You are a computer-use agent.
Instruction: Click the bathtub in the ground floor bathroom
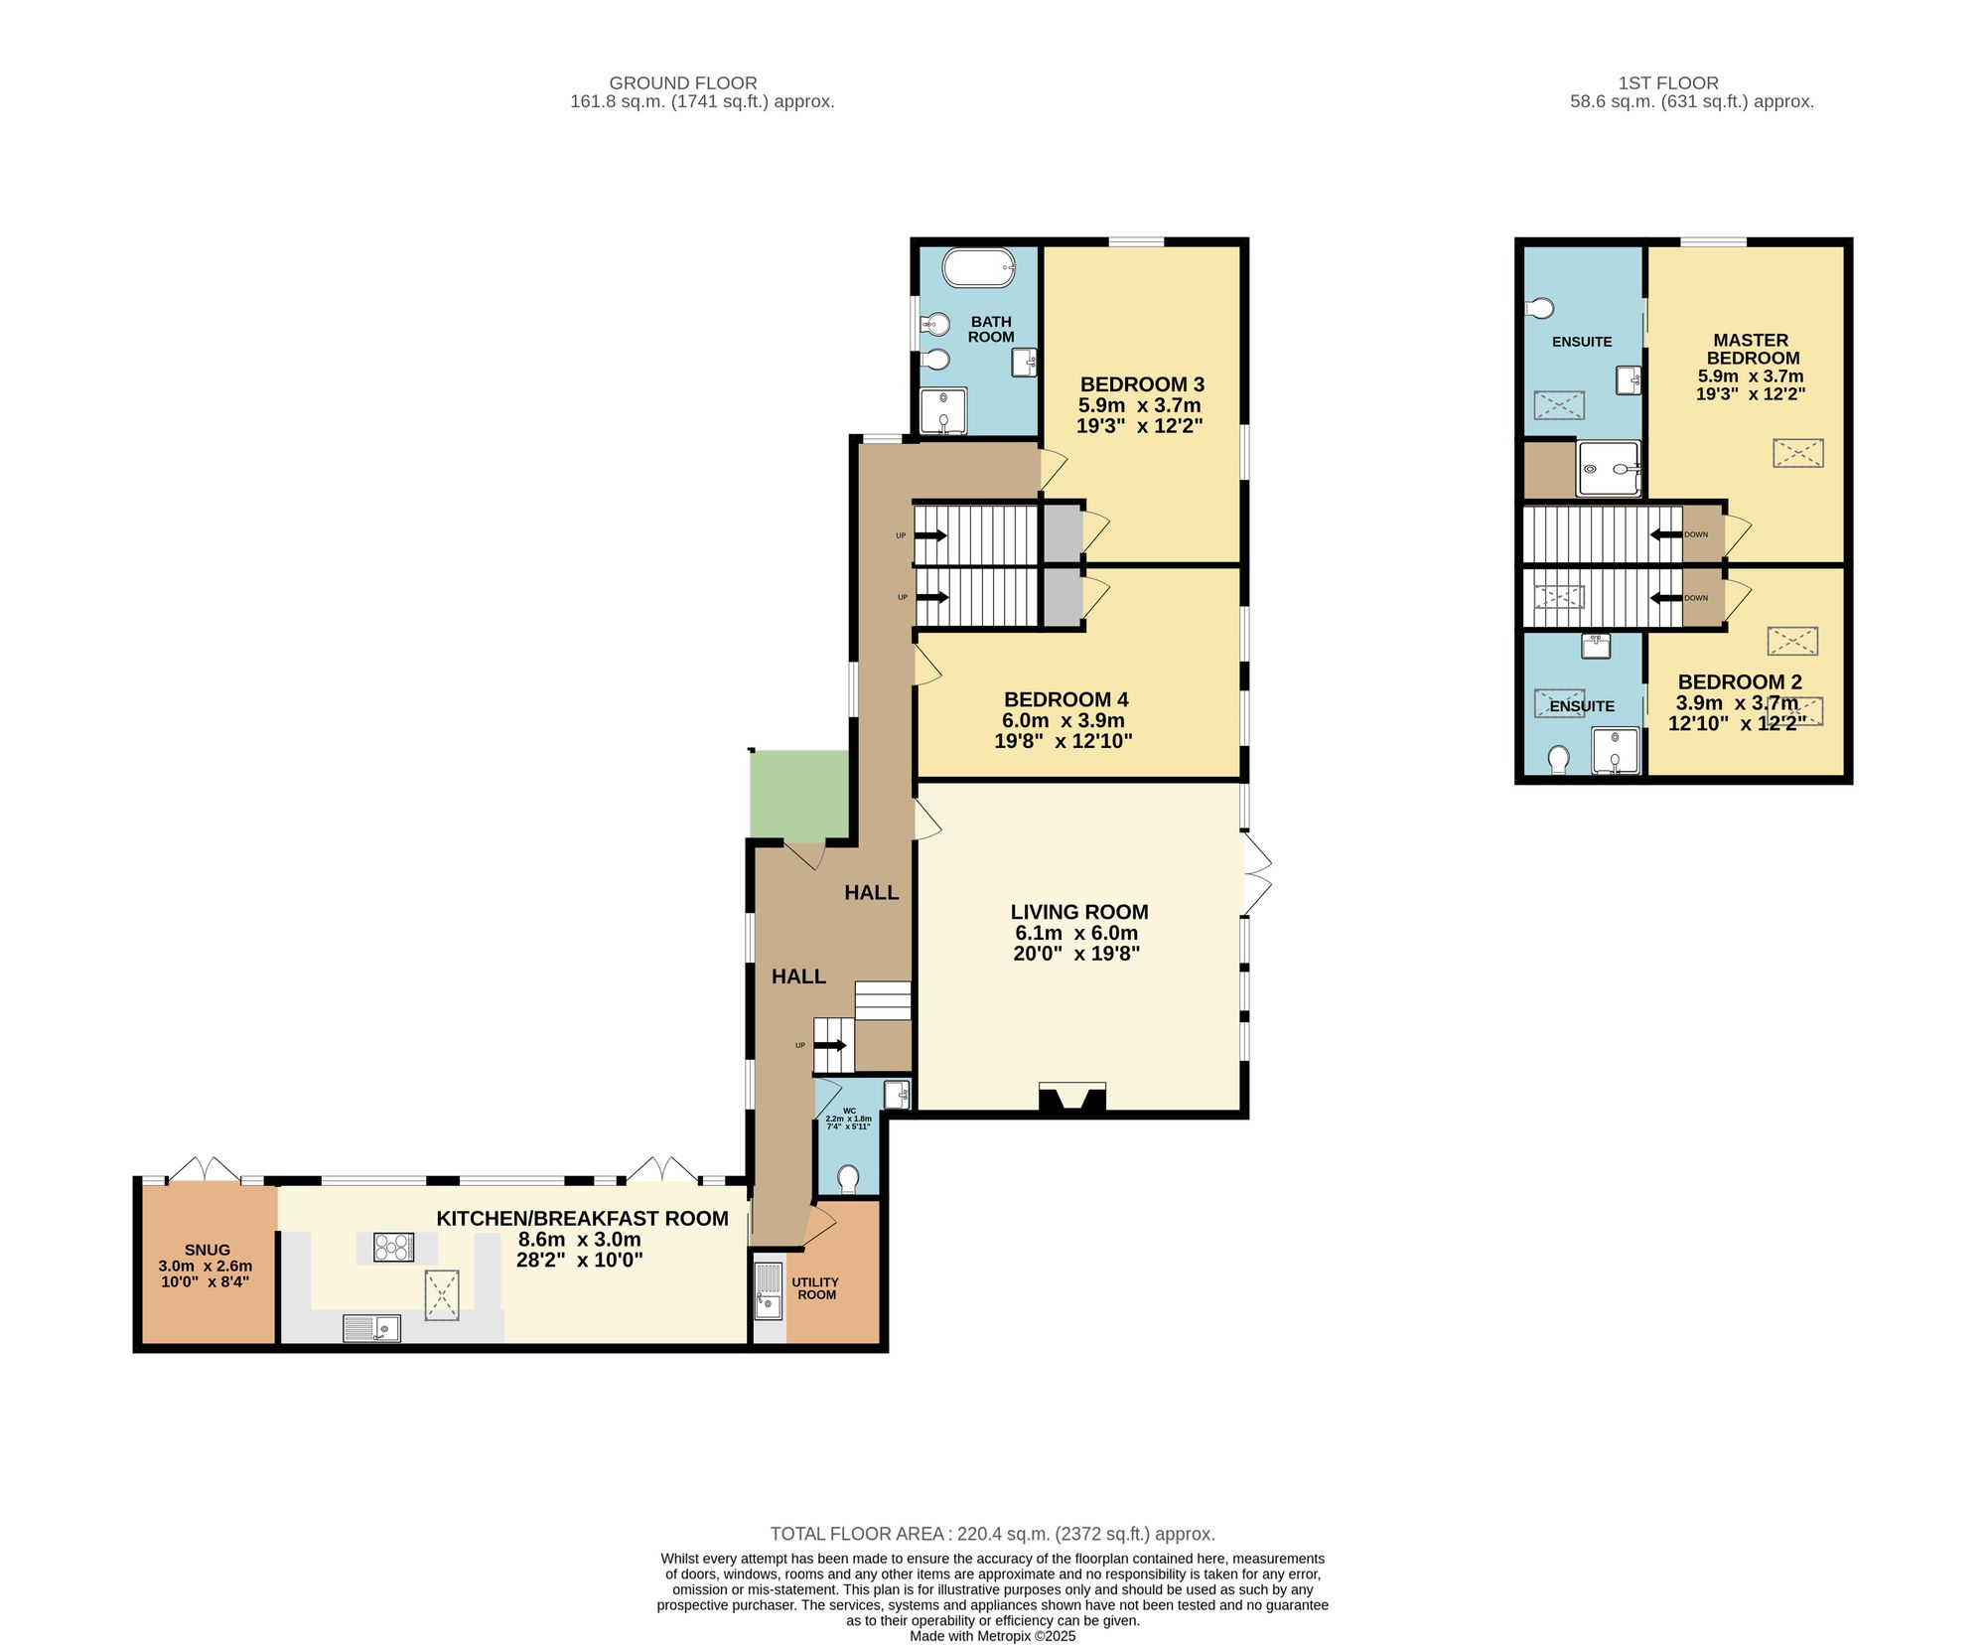(978, 267)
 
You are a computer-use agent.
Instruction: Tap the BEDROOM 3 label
(1142, 384)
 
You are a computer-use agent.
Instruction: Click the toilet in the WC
(848, 1179)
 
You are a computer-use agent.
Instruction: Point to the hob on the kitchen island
(393, 1247)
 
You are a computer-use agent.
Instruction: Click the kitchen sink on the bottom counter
(371, 1328)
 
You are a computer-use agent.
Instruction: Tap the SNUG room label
(207, 1250)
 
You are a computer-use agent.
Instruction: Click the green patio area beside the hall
(799, 796)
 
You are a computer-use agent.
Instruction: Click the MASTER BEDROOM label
(1752, 349)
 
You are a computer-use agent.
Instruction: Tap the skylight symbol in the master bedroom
(1798, 453)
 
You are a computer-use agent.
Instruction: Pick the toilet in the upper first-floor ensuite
(1540, 309)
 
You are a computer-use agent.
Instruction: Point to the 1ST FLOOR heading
(1667, 83)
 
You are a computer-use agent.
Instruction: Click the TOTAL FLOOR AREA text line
(992, 1534)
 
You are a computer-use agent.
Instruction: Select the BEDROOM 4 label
(1065, 699)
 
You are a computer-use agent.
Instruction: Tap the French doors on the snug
(204, 1170)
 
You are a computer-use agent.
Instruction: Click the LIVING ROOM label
(1078, 912)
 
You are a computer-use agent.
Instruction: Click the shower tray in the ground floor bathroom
(942, 410)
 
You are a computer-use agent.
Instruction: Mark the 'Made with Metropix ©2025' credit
(992, 1636)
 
